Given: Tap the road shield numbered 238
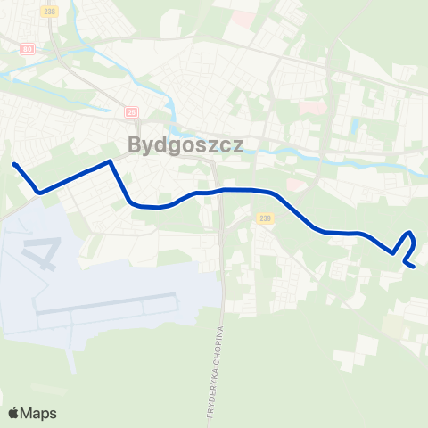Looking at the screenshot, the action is pos(50,10).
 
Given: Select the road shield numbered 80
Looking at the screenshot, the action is pos(28,48).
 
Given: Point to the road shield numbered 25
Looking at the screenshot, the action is pos(132,111).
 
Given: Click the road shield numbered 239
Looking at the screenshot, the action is pos(264,218).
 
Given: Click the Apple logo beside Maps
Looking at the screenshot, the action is pos(13,413).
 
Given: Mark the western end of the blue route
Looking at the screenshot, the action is pos(14,164).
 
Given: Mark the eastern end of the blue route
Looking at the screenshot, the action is pos(414,266).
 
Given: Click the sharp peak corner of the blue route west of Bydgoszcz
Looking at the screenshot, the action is pos(110,162).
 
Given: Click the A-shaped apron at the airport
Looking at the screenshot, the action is pos(37,253).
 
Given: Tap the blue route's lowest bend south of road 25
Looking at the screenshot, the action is pos(156,207).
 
